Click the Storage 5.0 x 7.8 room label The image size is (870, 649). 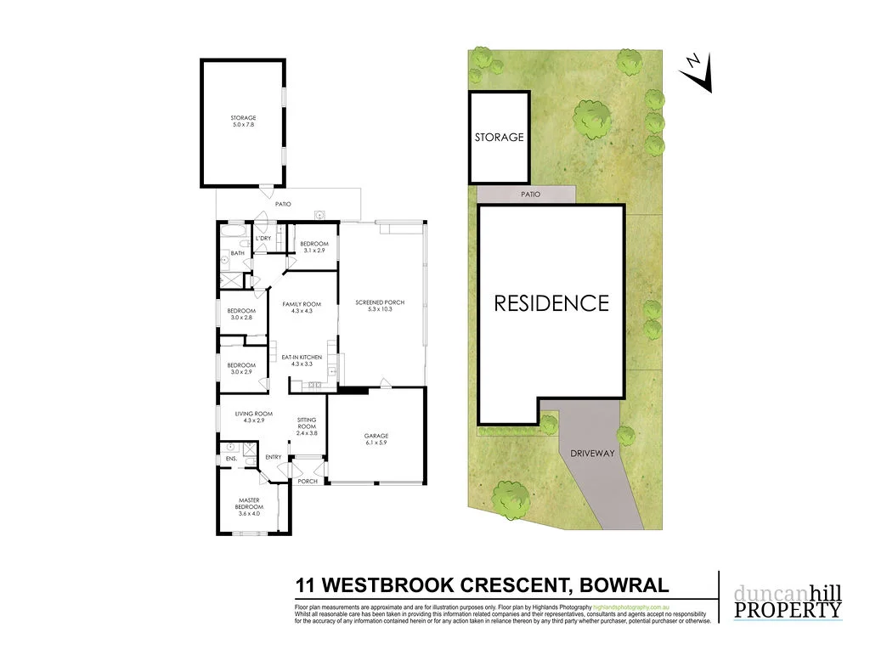pos(243,121)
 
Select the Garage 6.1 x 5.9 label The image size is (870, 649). pos(376,439)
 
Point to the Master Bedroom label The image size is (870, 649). pos(249,504)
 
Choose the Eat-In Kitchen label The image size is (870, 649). pos(302,360)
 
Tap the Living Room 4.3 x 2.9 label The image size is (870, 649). pos(254,417)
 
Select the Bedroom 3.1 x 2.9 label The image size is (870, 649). pos(314,247)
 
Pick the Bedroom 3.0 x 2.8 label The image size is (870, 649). pos(240,313)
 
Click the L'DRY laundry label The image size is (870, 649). pos(263,239)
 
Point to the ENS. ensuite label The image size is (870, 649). pos(230,460)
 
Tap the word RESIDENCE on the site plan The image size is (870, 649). pos(551,303)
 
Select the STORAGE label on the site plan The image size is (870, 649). pos(499,137)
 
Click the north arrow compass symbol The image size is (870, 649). pos(699,73)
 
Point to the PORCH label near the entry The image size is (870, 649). pos(307,482)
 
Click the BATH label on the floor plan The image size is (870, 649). pos(237,252)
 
